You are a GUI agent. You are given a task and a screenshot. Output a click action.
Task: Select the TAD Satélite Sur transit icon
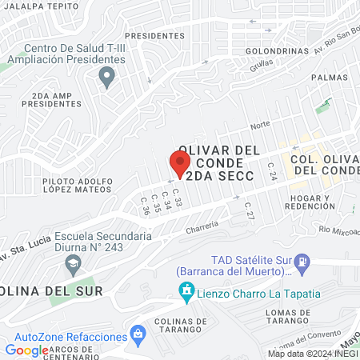(x=302, y=261)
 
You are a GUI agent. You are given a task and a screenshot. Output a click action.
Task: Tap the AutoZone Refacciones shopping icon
(x=138, y=331)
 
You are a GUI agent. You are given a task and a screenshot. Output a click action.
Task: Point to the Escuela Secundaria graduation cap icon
(x=73, y=263)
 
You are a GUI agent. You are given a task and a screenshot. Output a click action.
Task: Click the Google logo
(x=26, y=350)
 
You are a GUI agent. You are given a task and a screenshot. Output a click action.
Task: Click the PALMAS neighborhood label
(x=332, y=78)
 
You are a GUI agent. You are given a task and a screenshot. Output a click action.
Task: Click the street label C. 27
(x=249, y=210)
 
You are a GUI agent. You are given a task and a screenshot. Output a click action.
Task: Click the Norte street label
(x=260, y=125)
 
